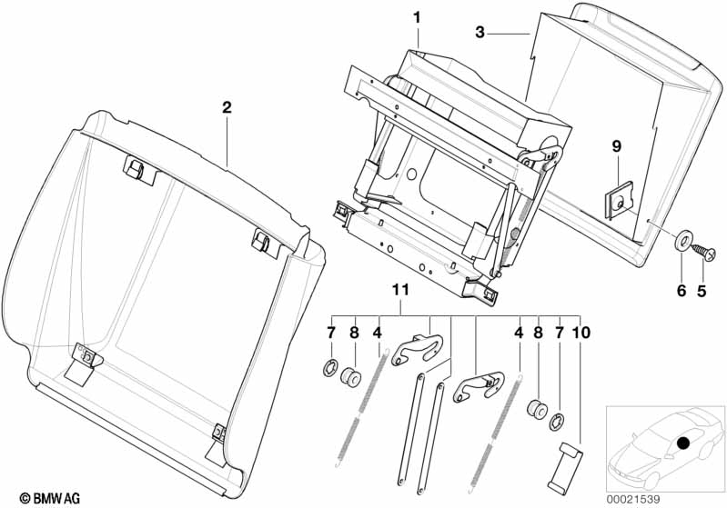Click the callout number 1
(418, 18)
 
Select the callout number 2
(227, 108)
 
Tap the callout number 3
(480, 33)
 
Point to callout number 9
(617, 147)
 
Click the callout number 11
(400, 290)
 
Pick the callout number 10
(582, 332)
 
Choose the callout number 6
(682, 291)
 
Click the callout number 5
(702, 291)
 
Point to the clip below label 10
(565, 469)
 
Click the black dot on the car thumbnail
(683, 443)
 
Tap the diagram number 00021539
(633, 499)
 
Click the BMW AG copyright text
(50, 498)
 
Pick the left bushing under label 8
(352, 376)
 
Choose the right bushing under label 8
(537, 409)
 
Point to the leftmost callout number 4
(377, 332)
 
